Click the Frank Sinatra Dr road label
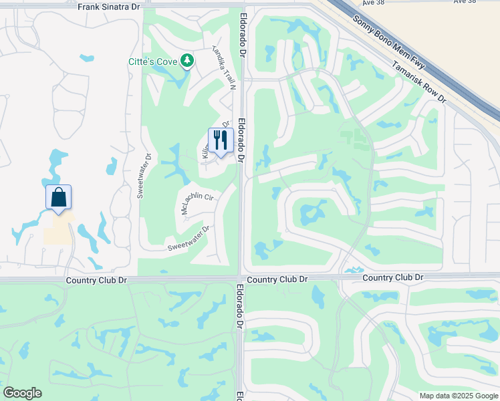coord(109,7)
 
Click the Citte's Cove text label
coord(152,62)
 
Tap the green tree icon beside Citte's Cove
coord(188,61)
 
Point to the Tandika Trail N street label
coord(224,67)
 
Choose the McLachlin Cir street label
coord(197,203)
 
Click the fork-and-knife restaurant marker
coord(220,140)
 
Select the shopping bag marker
coord(58,197)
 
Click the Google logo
coord(22,393)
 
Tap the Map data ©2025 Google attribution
coord(459,396)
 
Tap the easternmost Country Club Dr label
coord(393,277)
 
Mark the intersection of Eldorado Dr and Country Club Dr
coord(241,277)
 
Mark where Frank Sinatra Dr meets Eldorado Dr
coord(241,5)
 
